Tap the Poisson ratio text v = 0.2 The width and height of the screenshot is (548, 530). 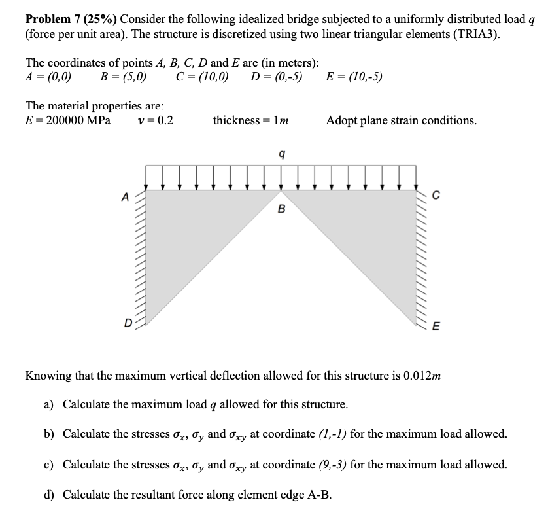point(156,120)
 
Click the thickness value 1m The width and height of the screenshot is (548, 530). point(283,120)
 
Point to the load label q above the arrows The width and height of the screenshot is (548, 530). point(281,154)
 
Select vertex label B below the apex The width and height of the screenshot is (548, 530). point(281,209)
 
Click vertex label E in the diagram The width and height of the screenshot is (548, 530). point(436,327)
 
